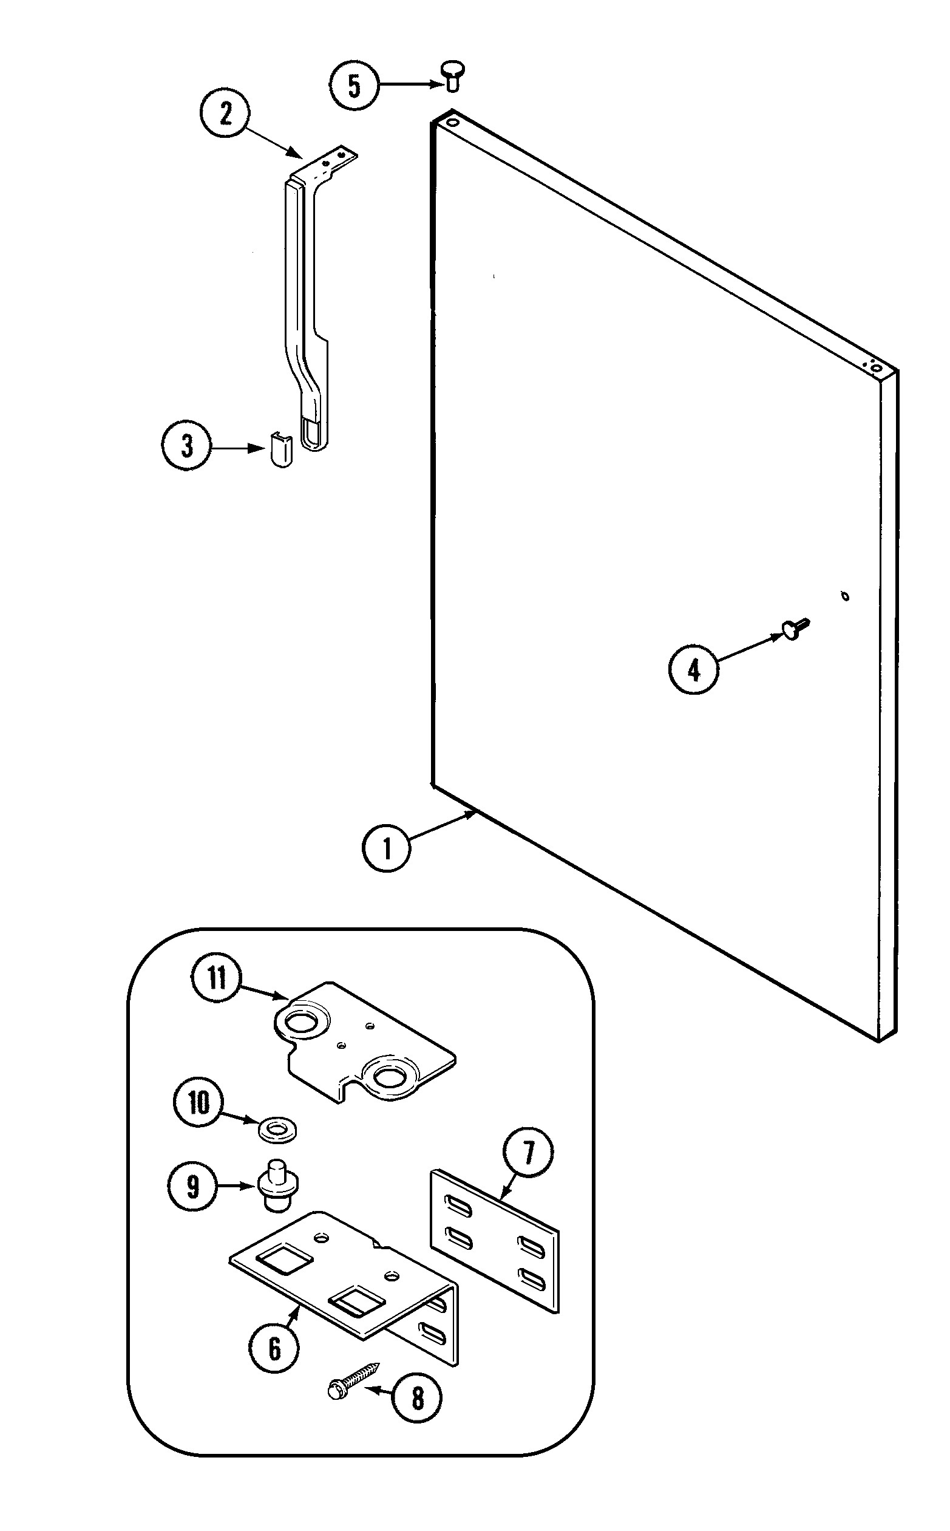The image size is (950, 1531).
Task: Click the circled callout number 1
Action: point(387,848)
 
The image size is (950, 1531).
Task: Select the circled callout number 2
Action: point(226,113)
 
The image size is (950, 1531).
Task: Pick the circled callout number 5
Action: point(355,85)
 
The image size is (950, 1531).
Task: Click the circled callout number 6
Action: point(274,1349)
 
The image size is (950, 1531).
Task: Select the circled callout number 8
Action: point(417,1399)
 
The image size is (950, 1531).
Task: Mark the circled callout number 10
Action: point(198,1102)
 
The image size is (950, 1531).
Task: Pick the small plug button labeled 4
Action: point(794,629)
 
